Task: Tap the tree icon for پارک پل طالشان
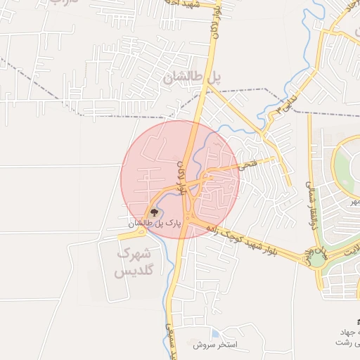(x=153, y=210)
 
